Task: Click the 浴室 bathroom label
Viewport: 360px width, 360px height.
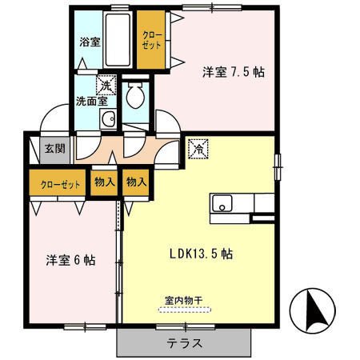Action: pyautogui.click(x=89, y=42)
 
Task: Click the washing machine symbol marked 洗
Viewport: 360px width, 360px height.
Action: pyautogui.click(x=105, y=83)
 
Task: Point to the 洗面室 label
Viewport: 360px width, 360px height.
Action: pyautogui.click(x=90, y=102)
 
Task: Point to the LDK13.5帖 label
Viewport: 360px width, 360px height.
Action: pyautogui.click(x=201, y=254)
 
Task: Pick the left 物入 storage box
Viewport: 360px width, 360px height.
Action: pyautogui.click(x=104, y=182)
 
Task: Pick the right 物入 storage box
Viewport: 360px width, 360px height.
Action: pyautogui.click(x=136, y=182)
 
